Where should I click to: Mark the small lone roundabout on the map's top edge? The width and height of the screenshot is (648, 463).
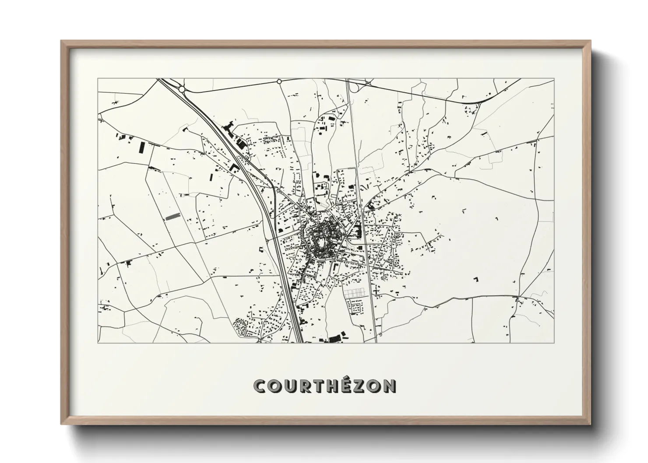(x=279, y=81)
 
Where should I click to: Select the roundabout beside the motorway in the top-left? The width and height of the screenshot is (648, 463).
(x=182, y=89)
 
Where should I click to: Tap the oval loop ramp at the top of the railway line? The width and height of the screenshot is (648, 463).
(x=355, y=88)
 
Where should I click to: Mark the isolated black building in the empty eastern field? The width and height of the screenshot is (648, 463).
(x=476, y=278)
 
